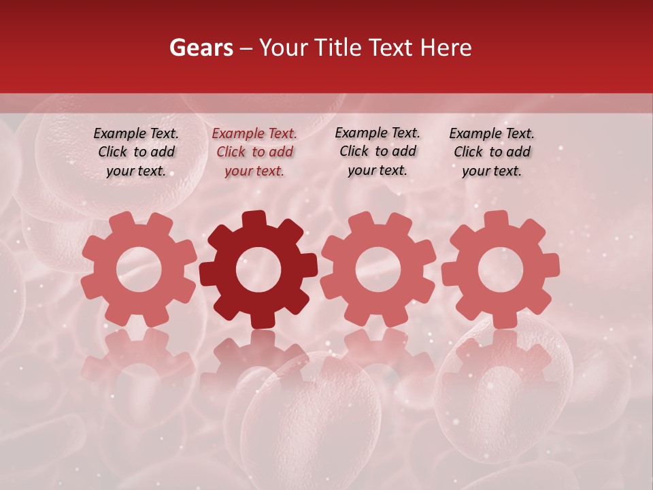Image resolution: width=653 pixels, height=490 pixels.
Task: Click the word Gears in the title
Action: (201, 48)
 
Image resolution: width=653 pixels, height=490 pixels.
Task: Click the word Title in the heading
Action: (338, 48)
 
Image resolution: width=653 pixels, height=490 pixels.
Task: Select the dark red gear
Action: (258, 269)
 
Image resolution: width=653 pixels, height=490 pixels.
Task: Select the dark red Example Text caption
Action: (254, 152)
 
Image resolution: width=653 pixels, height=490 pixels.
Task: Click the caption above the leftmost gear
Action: (136, 152)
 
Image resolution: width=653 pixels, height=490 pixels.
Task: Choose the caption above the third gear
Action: (378, 151)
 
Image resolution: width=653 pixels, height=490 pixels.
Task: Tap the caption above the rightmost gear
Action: (492, 152)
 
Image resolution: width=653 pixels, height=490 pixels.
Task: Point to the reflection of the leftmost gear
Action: (139, 361)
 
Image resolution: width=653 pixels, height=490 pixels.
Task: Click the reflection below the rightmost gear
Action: (500, 361)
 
